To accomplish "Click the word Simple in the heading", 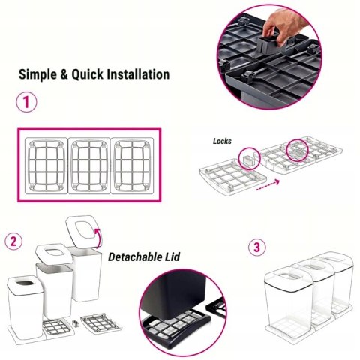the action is point(37,74).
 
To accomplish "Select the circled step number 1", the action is point(26,102).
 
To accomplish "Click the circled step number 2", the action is point(13,241).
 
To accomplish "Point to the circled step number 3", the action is point(257,247).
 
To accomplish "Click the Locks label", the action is point(222,141).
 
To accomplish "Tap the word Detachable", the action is point(133,257).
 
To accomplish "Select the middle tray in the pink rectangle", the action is point(89,166).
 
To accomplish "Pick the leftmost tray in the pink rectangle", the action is point(46,166).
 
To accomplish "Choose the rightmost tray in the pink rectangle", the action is point(132,166).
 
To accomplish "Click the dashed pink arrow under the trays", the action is point(268,185).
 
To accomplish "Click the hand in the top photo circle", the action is point(285,26).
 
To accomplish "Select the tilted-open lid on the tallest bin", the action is point(82,230).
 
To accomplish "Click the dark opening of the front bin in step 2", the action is point(25,283).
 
